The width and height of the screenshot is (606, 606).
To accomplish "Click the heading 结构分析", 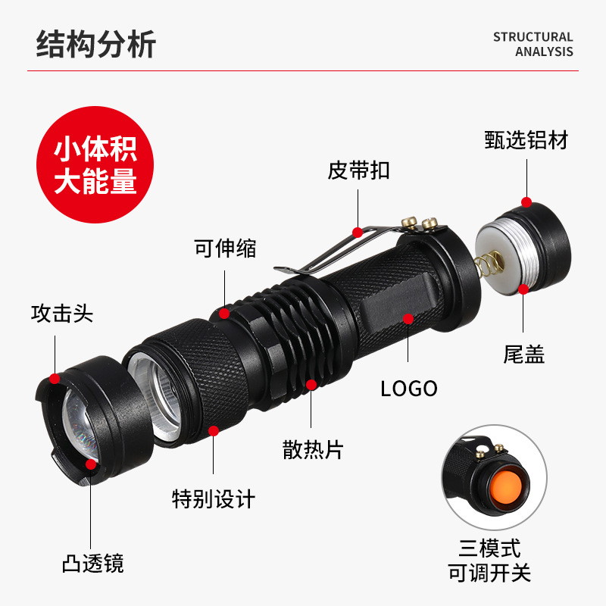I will point(96,44).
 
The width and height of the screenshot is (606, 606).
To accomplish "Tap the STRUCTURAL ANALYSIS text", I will point(533,44).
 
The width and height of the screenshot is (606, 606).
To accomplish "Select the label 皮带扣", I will point(359,170).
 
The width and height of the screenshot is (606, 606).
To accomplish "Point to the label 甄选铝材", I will point(526,139).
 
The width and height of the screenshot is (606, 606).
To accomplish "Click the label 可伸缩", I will point(225,248).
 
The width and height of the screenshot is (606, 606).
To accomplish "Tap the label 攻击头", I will point(62,314).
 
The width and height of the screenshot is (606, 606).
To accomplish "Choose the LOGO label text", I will point(409,389).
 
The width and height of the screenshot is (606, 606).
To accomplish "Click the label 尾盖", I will point(524,354).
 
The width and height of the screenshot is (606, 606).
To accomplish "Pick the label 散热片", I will point(313,449).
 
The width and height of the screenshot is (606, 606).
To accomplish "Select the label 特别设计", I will point(214,499).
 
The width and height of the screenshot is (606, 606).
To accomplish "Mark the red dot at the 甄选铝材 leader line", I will point(526,202).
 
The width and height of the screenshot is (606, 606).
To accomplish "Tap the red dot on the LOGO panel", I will point(408,318).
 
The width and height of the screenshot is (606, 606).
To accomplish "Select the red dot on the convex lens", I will point(91,464).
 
